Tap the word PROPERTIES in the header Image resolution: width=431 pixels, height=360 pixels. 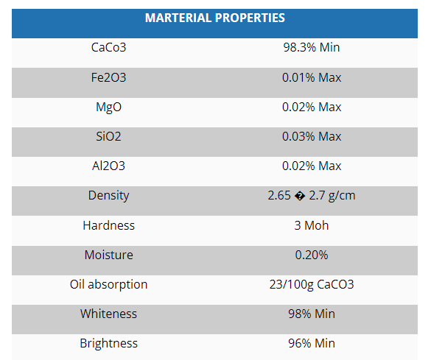[250, 18]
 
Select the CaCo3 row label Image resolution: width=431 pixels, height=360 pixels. [108, 48]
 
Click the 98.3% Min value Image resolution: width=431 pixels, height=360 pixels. [312, 48]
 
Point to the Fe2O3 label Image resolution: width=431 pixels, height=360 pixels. [108, 77]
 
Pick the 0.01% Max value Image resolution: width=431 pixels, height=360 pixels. [312, 77]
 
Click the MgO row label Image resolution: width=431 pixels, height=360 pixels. [108, 107]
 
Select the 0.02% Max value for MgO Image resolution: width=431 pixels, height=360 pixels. [312, 107]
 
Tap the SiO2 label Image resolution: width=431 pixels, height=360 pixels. [108, 136]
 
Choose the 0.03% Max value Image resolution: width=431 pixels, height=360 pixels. [312, 136]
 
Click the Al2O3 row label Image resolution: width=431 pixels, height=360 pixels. [108, 166]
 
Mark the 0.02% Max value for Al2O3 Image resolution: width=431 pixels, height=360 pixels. [312, 166]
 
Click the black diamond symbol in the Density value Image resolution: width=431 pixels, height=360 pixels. [300, 196]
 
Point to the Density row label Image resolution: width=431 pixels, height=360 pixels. [108, 196]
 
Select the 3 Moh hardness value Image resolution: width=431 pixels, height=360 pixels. [312, 225]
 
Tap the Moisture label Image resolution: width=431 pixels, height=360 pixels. [108, 255]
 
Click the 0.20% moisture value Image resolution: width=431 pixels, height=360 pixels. [312, 255]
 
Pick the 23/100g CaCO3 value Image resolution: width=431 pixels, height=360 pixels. [312, 284]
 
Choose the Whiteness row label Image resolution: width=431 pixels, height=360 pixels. [108, 314]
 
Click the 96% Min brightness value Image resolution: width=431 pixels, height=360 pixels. [312, 343]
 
